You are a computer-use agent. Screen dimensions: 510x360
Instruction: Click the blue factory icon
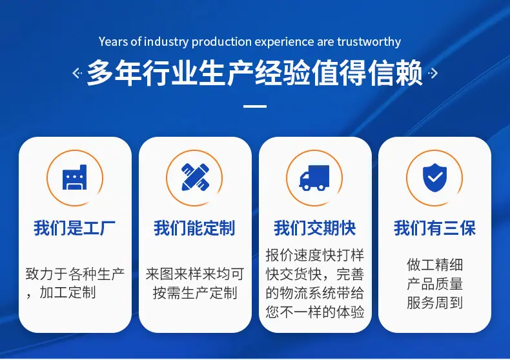[x=74, y=177]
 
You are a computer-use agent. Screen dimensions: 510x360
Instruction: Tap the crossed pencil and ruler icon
[x=195, y=177]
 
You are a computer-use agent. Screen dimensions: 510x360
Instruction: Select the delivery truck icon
[x=314, y=177]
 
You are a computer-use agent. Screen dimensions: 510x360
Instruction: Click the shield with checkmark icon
[x=434, y=177]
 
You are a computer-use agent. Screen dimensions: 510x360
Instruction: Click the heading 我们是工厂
[x=74, y=228]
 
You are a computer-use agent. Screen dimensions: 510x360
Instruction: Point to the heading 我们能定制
[x=194, y=228]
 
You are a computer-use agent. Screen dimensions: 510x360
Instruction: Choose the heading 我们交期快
[x=314, y=228]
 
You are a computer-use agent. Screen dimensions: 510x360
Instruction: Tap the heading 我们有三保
[x=434, y=228]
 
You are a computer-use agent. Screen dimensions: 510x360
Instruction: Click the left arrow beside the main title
[x=77, y=73]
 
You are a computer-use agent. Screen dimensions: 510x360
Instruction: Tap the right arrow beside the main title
[x=433, y=73]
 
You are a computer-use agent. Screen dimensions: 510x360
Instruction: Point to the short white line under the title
[x=255, y=106]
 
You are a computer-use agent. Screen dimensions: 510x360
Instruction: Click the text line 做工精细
[x=434, y=265]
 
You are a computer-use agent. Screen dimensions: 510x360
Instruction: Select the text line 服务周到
[x=434, y=303]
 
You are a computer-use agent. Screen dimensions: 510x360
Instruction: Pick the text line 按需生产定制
[x=195, y=293]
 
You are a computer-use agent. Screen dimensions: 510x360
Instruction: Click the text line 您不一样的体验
[x=315, y=312]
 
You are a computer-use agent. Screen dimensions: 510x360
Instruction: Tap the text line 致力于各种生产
[x=75, y=274]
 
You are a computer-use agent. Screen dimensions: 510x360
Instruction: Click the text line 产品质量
[x=434, y=284]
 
